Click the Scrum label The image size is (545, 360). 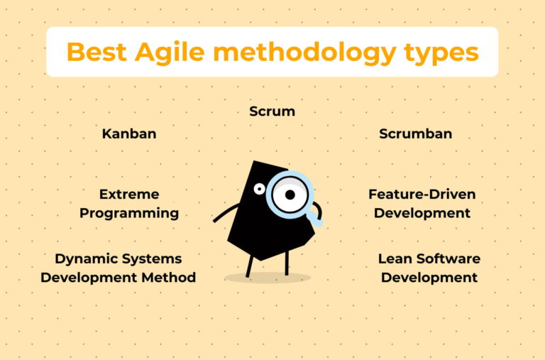272,111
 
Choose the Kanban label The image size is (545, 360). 129,133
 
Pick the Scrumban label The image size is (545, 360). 415,133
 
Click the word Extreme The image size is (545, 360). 129,194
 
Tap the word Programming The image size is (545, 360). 129,213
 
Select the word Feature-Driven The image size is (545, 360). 422,194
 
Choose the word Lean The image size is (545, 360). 395,258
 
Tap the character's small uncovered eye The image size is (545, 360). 259,189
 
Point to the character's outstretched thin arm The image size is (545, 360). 226,213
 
